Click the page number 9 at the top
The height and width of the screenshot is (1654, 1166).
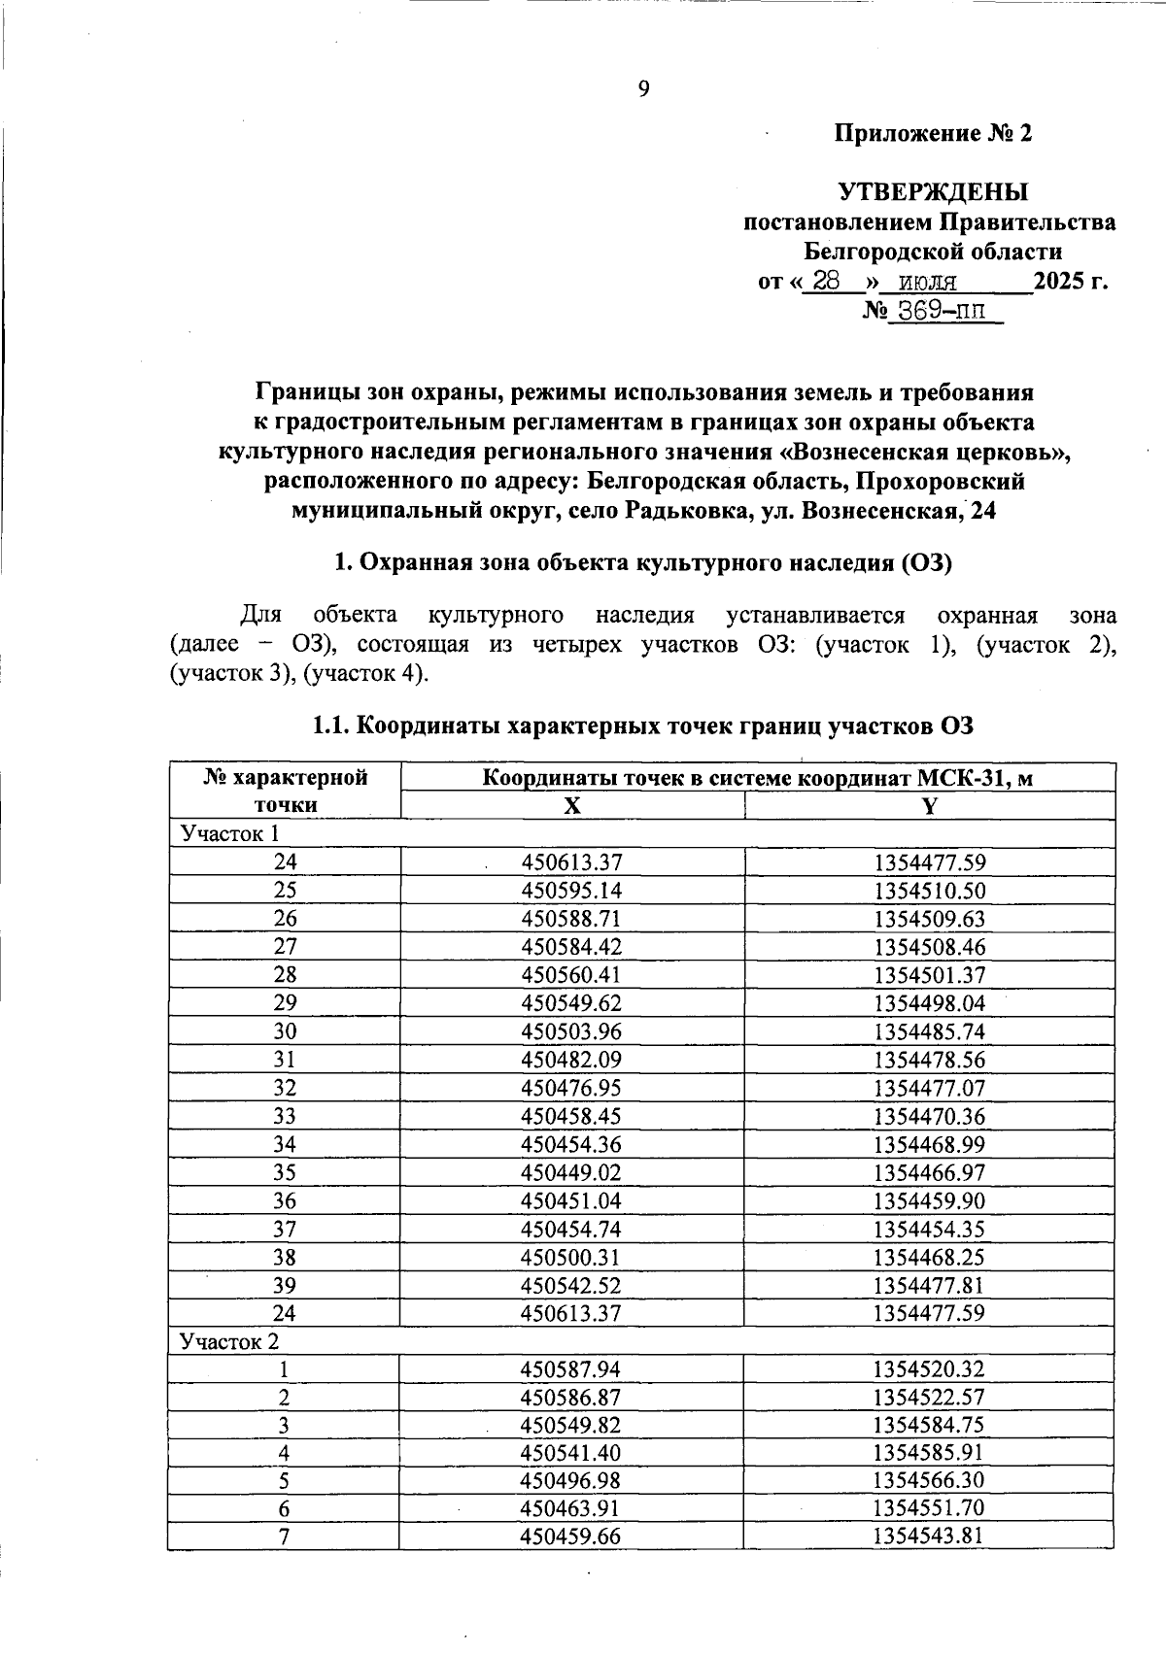643,89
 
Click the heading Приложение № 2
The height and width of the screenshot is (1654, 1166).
934,133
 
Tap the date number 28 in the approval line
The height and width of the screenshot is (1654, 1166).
827,282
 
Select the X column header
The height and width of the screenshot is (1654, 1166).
572,805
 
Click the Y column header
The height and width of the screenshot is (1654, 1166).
930,805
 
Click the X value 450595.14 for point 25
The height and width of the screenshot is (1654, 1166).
571,891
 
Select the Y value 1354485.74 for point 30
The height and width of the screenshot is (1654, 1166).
929,1031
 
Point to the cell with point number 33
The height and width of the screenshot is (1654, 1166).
285,1116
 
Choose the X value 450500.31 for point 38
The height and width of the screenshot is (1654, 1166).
571,1257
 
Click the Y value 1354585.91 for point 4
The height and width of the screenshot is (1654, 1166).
929,1454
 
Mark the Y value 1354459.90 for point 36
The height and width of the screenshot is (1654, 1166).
929,1200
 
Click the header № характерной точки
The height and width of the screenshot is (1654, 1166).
285,791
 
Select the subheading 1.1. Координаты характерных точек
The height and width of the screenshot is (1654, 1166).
641,726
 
